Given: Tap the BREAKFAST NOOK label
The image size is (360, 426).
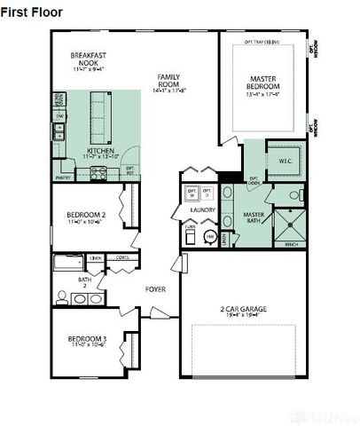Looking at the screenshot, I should tap(88, 59).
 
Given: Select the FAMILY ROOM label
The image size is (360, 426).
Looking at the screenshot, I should tap(168, 82).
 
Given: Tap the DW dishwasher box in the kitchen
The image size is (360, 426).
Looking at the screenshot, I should tap(59, 116).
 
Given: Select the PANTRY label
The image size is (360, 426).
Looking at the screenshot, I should tap(62, 177).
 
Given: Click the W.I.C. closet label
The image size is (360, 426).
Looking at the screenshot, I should tap(286, 161).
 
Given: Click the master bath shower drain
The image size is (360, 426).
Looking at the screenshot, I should tap(291, 224).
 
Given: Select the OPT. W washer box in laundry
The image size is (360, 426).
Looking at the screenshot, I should tap(192, 193).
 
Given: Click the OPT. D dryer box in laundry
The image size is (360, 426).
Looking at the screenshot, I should tap(207, 193).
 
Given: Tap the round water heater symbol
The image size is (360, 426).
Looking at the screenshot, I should tap(210, 236).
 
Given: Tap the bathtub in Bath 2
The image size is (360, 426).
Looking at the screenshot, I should tap(67, 264).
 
